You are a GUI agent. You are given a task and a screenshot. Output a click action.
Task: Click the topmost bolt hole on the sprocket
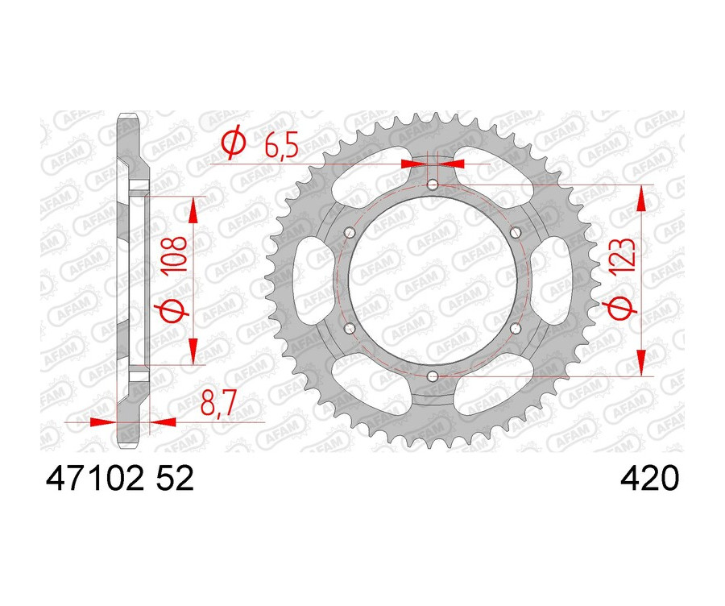point(433,185)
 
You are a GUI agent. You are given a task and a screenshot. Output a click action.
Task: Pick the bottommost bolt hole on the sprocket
point(433,376)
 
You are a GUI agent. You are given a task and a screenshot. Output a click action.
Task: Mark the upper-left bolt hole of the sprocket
point(350,233)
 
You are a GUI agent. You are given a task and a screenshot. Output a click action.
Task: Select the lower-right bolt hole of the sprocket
point(516,328)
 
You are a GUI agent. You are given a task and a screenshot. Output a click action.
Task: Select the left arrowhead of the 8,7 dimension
point(103,421)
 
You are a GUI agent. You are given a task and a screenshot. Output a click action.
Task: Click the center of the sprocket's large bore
point(433,280)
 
